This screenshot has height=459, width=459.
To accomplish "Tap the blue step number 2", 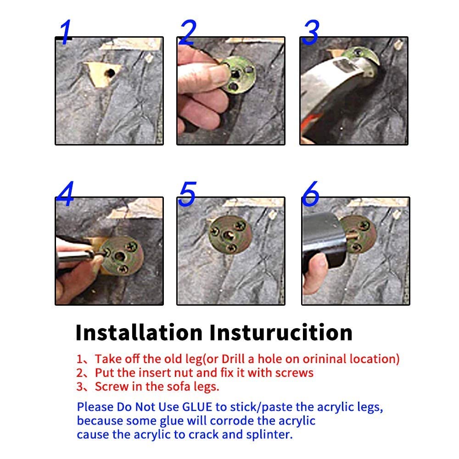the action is coord(188,33).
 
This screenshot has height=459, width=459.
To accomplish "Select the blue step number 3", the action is coord(310,33).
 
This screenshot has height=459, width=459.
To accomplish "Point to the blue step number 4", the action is coord(65,193).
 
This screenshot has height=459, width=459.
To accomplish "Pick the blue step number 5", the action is coord(187,194).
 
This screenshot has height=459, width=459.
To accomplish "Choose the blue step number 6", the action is coord(310,193).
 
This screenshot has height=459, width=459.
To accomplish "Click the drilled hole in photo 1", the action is coord(110,73).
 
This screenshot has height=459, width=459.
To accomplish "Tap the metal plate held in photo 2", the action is coord(238,75).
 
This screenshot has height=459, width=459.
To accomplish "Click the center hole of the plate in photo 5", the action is coord(229,235).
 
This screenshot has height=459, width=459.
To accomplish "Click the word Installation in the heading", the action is coord(139,332).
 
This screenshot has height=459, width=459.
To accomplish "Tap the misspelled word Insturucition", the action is coord(281,332).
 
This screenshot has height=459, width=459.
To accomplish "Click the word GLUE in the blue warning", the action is coord(197,407).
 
